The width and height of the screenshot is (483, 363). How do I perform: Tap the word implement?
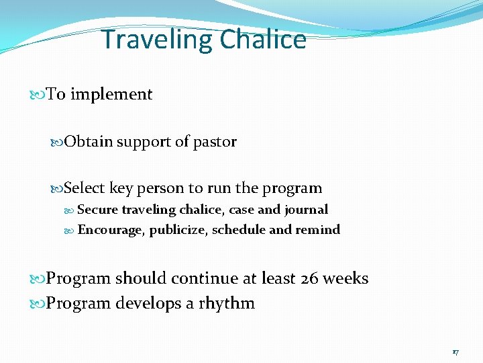(x=111, y=95)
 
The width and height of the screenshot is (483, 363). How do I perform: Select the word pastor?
(x=214, y=142)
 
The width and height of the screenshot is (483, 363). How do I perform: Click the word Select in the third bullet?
(x=85, y=188)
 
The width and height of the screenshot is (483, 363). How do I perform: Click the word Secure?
(x=97, y=210)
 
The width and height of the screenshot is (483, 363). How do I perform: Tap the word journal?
(x=306, y=210)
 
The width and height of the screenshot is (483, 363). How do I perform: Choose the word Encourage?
(x=111, y=230)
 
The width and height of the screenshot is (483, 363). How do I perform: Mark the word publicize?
(x=179, y=230)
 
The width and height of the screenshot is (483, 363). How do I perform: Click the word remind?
(x=318, y=230)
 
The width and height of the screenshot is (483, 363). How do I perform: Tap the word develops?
(x=149, y=303)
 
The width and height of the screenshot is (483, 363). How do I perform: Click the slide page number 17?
(x=455, y=352)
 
